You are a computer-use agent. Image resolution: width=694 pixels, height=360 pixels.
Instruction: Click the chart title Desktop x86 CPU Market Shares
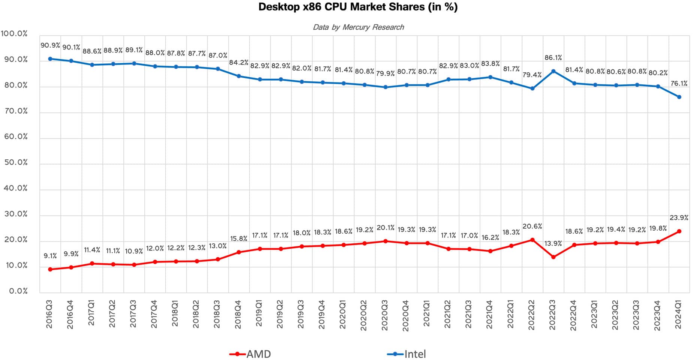(x=358, y=7)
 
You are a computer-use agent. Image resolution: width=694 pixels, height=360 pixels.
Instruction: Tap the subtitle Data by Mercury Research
(x=358, y=27)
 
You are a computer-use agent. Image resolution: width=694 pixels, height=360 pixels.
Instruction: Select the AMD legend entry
(x=250, y=354)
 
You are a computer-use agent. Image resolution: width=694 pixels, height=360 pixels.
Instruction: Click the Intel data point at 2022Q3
(x=553, y=71)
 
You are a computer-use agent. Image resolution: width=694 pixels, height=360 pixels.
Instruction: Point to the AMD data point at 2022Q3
(x=553, y=257)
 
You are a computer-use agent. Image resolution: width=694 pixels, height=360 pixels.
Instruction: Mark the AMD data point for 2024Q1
(x=679, y=231)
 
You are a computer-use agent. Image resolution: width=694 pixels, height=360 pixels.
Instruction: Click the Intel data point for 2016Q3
(x=50, y=59)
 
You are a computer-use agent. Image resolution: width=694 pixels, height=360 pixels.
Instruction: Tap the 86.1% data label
(x=553, y=58)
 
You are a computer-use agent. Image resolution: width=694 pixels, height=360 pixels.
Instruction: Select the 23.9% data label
(x=679, y=217)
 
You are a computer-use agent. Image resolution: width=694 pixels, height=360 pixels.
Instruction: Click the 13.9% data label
(x=553, y=243)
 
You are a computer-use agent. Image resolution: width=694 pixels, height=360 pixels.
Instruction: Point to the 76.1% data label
(x=679, y=84)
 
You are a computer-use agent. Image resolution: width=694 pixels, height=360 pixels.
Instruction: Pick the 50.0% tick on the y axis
(x=16, y=163)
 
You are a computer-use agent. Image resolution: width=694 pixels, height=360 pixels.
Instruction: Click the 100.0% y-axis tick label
(x=14, y=34)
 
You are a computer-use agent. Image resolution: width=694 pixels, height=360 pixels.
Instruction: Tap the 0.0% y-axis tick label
(x=18, y=291)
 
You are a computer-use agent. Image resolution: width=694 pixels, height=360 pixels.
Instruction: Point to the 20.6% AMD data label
(x=532, y=226)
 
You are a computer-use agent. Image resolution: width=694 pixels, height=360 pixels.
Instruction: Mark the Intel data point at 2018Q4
(x=239, y=76)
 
